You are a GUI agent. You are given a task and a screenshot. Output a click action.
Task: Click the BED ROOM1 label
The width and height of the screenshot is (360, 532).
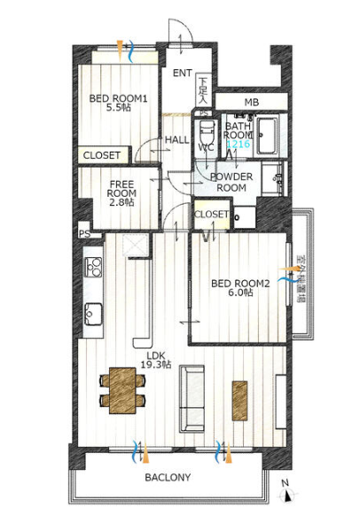[118, 98]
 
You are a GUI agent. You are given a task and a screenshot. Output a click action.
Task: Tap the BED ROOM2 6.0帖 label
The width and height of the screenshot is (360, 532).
[240, 287]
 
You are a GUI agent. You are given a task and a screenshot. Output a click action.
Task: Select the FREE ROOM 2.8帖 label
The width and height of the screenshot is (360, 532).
[121, 193]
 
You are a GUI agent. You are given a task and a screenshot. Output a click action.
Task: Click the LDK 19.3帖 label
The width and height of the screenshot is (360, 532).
[156, 360]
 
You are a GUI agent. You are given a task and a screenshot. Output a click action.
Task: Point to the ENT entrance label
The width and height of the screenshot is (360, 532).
[182, 73]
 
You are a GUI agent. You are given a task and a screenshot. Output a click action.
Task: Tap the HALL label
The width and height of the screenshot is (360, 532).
[176, 139]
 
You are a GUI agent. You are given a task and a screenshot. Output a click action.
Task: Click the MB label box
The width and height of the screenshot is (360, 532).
[252, 102]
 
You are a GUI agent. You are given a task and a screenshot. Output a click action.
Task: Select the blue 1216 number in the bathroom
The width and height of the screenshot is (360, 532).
[239, 144]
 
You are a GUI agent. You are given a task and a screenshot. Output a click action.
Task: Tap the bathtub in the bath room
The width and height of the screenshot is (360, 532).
[268, 135]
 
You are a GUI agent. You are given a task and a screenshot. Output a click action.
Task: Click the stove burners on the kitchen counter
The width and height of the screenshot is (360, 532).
[93, 267]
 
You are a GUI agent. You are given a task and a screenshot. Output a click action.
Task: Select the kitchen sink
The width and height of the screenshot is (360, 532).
[93, 314]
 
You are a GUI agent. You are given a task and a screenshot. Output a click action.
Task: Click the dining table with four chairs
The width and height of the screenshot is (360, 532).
[122, 390]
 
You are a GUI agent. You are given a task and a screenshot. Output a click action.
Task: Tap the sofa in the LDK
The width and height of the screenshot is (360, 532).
[192, 398]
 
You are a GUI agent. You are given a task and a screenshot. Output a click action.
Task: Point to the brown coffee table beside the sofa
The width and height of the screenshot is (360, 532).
[239, 401]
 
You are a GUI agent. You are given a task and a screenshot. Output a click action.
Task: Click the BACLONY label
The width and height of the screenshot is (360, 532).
[168, 477]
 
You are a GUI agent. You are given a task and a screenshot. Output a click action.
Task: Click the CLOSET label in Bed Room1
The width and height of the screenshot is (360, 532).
[102, 155]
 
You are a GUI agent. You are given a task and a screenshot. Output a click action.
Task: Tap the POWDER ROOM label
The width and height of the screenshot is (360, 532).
[231, 182]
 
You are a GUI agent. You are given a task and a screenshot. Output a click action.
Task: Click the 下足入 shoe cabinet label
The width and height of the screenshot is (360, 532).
[203, 90]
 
